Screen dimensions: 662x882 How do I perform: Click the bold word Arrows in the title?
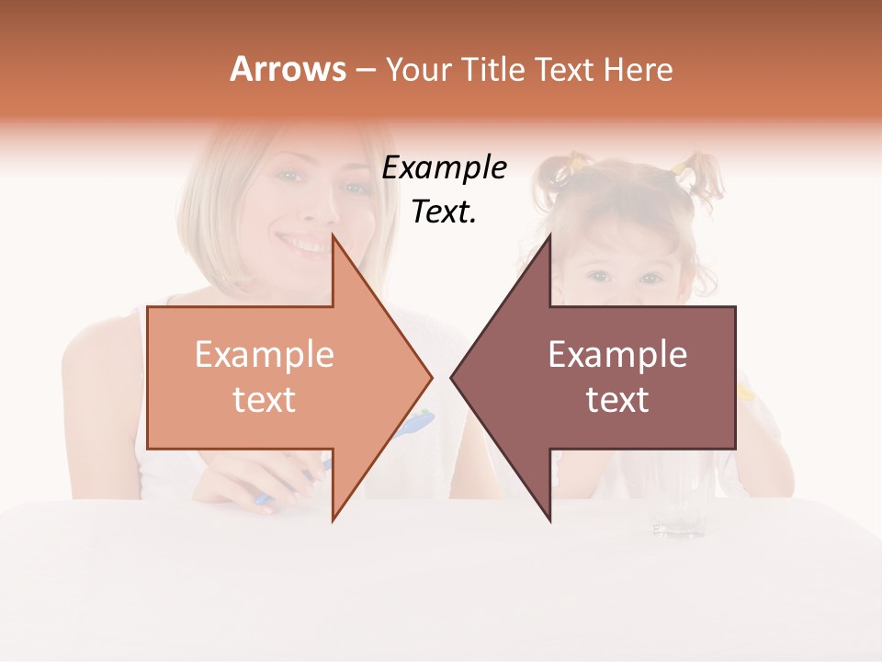tap(288, 69)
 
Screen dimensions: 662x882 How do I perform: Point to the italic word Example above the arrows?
tap(444, 168)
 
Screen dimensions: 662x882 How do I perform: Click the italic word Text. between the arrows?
tap(444, 212)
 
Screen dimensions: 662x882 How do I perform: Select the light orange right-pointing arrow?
tap(276, 377)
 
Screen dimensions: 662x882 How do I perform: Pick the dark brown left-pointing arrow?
tap(606, 377)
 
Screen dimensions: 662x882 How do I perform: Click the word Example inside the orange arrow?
tap(265, 355)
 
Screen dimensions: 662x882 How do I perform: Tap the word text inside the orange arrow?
tap(265, 400)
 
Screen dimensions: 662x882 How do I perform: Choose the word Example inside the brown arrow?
tap(617, 355)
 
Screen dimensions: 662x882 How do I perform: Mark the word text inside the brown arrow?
tap(617, 400)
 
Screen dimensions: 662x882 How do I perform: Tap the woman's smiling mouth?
tap(302, 245)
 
